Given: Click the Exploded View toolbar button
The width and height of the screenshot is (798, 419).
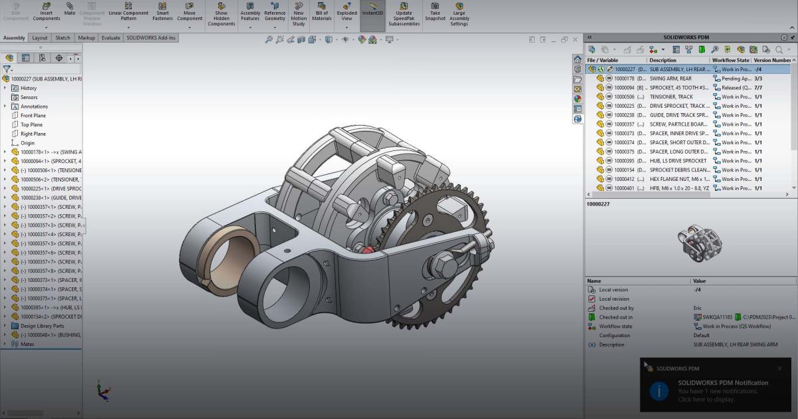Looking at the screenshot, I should pos(346,13).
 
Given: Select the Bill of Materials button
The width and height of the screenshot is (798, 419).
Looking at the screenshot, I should pos(322,13).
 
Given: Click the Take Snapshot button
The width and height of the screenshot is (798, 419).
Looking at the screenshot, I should pos(435,13).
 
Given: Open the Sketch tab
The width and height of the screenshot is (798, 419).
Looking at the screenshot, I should pos(63,38).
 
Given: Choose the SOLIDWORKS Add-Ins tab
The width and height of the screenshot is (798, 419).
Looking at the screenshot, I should pos(151,38).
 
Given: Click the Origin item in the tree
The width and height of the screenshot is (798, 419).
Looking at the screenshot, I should pos(27,143).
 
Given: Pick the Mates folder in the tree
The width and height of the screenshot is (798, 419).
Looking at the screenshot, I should pos(27,344).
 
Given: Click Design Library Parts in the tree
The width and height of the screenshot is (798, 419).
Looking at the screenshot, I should pos(42,326).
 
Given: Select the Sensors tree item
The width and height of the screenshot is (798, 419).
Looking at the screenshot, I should pos(29,97).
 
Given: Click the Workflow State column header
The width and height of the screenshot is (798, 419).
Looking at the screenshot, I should pos(730,60).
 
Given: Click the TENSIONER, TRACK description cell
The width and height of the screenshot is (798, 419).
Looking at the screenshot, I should pos(671,97).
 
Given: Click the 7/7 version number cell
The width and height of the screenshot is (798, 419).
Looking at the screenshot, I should pos(758,88).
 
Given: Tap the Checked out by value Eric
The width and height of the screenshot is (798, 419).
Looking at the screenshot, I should pos(698,308).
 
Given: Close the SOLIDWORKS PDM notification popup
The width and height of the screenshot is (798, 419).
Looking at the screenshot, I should pos(779,368).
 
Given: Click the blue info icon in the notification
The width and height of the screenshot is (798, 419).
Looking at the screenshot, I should pos(658,391).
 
